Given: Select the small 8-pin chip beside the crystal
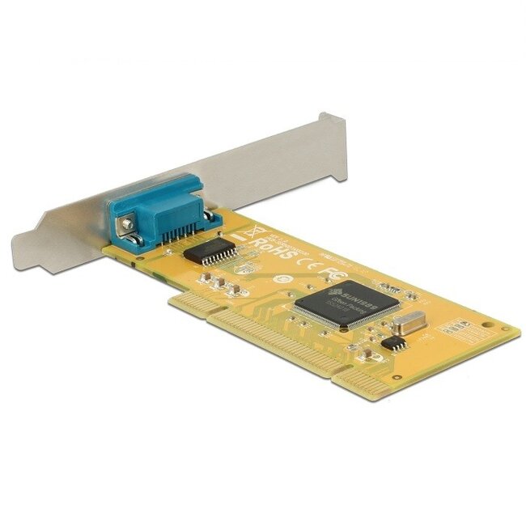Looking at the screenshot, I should [x=394, y=343].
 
